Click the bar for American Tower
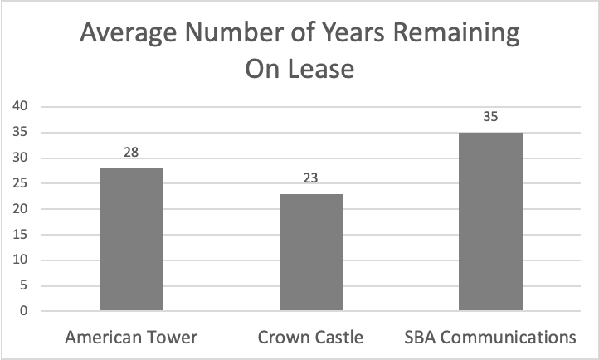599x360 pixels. pyautogui.click(x=131, y=240)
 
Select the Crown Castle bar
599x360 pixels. pyautogui.click(x=311, y=252)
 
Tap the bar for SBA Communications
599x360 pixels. pyautogui.click(x=491, y=221)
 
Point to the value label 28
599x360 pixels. pyautogui.click(x=131, y=153)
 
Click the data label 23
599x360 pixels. pyautogui.click(x=311, y=178)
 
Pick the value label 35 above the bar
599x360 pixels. pyautogui.click(x=491, y=117)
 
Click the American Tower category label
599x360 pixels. pyautogui.click(x=131, y=338)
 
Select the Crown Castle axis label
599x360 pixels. pyautogui.click(x=311, y=338)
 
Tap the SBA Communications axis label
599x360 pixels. pyautogui.click(x=491, y=338)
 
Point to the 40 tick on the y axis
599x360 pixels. pyautogui.click(x=22, y=106)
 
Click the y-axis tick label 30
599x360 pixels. pyautogui.click(x=22, y=158)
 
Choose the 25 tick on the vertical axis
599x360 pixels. pyautogui.click(x=22, y=183)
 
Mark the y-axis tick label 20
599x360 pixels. pyautogui.click(x=22, y=209)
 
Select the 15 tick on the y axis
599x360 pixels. pyautogui.click(x=22, y=235)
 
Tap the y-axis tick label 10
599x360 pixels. pyautogui.click(x=22, y=260)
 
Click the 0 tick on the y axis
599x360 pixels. pyautogui.click(x=25, y=312)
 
